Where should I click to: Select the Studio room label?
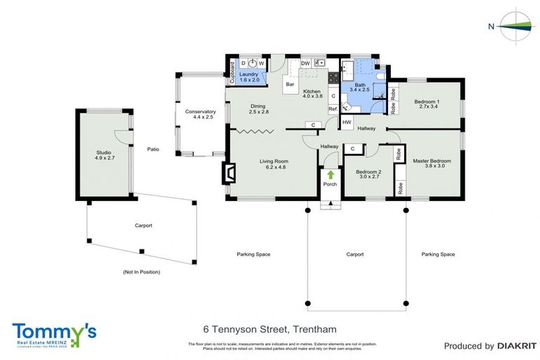click(103, 156)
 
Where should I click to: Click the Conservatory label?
click(200, 115)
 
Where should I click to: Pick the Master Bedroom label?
click(431, 165)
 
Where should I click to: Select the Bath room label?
click(360, 87)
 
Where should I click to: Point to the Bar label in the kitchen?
click(290, 85)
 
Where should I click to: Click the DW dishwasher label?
click(305, 63)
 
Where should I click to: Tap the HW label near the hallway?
click(347, 122)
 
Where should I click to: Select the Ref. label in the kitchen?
click(333, 109)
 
